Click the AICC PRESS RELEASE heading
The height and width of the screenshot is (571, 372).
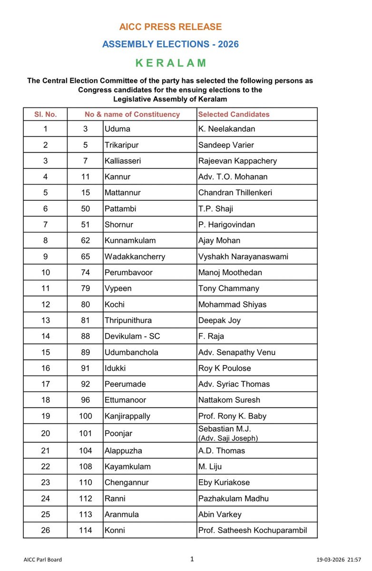tap(170, 27)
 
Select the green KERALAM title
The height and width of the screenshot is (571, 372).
tap(170, 62)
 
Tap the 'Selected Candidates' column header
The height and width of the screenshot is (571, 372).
tap(234, 114)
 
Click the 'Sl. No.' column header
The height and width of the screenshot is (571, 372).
tap(45, 114)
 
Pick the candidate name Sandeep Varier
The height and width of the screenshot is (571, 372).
tap(224, 145)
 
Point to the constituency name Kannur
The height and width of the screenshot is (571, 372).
tap(117, 177)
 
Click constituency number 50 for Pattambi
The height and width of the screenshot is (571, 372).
tap(85, 208)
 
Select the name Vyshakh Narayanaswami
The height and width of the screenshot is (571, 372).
tap(243, 256)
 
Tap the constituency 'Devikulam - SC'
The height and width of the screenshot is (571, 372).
tap(132, 336)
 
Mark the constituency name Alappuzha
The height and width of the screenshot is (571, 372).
tap(123, 451)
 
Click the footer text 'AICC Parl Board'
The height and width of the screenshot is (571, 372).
tap(42, 560)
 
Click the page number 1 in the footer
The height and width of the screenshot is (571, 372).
tap(192, 559)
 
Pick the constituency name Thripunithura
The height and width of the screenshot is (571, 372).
tap(128, 320)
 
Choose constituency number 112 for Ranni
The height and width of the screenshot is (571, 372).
tap(85, 498)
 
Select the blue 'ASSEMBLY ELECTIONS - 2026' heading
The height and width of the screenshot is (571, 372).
tap(170, 44)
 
